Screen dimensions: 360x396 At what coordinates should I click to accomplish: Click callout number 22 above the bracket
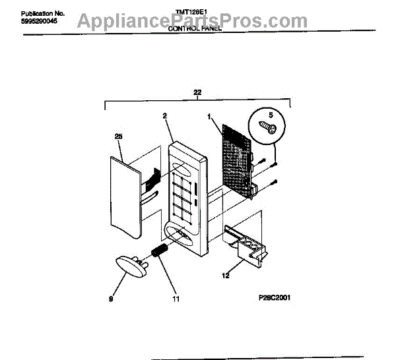click(x=197, y=92)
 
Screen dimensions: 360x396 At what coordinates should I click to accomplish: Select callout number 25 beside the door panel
click(x=119, y=137)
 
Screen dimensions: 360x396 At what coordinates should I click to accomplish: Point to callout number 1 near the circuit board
click(x=210, y=117)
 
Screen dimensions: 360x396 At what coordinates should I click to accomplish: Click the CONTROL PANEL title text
click(x=195, y=30)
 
